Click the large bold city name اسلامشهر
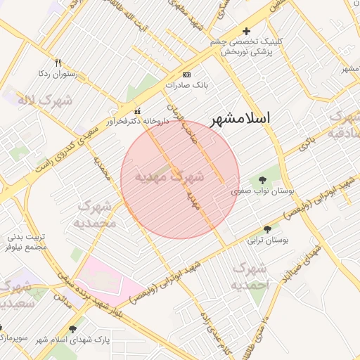(x=244, y=118)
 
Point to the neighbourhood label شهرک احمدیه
(x=250, y=276)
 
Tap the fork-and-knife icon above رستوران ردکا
(x=58, y=63)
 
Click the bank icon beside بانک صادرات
(x=186, y=75)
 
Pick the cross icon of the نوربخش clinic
(x=246, y=31)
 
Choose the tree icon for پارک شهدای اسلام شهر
(x=73, y=329)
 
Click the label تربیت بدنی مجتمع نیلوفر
(x=27, y=242)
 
